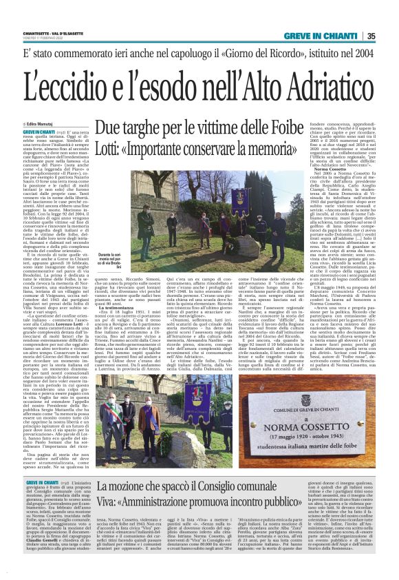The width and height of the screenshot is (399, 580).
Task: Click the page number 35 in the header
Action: coord(389,37)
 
